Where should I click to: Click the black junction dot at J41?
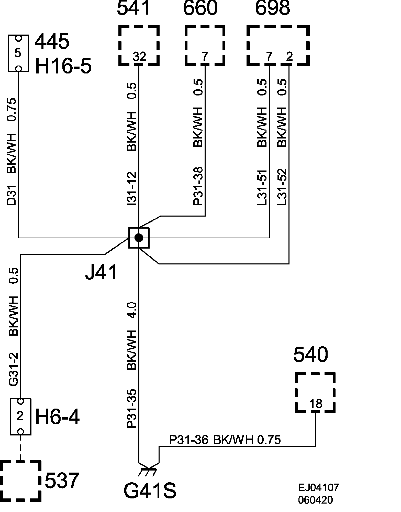coord(139,238)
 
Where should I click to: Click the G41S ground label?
coord(150,490)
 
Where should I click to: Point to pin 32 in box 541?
coord(139,56)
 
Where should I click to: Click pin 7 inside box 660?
coord(205,56)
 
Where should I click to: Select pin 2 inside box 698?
coord(289,56)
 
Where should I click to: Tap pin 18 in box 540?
coord(316,404)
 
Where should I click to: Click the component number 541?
coord(133,8)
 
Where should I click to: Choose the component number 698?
coord(273,8)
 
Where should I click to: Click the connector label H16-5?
coord(63,66)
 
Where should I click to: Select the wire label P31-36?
coord(189,440)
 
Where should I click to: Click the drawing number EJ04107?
coord(318,488)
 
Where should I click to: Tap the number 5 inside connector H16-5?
coord(18,53)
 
